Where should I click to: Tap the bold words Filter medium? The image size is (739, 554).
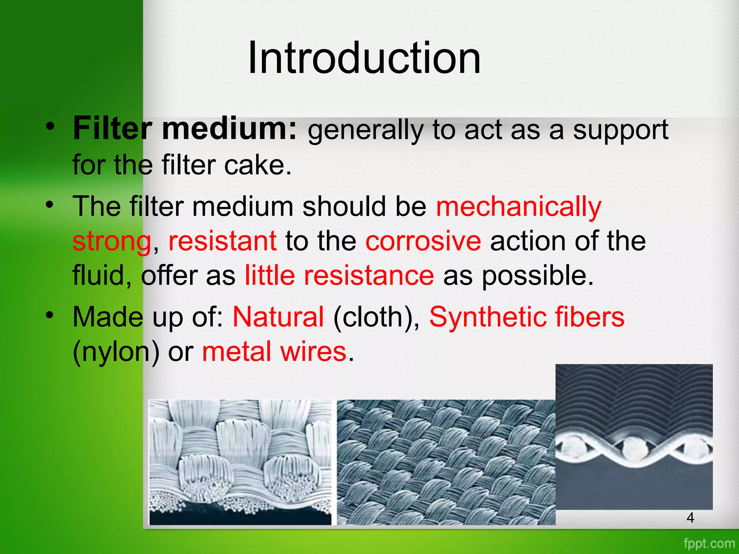click(185, 129)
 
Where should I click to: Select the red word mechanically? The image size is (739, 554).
click(519, 207)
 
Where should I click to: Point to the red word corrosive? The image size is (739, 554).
click(423, 241)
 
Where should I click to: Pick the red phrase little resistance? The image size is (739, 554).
click(339, 276)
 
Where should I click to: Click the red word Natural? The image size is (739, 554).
click(278, 317)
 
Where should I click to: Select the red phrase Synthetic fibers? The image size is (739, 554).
click(526, 317)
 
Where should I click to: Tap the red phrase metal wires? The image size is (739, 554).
click(274, 352)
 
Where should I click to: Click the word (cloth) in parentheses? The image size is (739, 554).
click(376, 317)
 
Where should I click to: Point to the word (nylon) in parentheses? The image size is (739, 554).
click(116, 352)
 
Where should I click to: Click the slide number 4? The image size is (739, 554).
click(690, 518)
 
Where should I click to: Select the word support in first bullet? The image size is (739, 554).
click(620, 130)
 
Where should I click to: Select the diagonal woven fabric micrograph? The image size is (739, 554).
click(446, 462)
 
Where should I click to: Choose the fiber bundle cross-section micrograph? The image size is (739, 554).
click(240, 462)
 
